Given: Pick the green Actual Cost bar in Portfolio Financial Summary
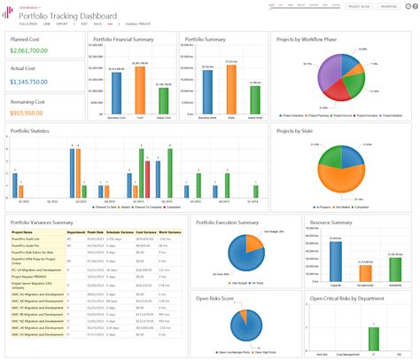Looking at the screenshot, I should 164,98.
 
